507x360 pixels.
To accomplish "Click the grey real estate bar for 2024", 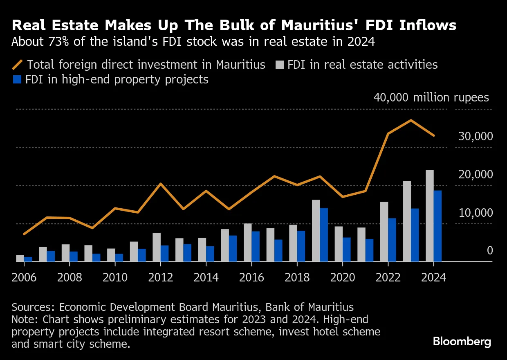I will [429, 216].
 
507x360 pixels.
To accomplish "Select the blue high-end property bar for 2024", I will [437, 226].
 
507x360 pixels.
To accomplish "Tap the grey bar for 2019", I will [316, 231].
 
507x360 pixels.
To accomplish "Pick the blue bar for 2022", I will [392, 240].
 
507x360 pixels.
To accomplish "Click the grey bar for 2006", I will [20, 258].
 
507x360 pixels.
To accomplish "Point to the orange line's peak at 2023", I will [411, 120].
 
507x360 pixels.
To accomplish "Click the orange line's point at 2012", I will [161, 184].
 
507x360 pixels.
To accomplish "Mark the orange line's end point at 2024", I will [434, 135].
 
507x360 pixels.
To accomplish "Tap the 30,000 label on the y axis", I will [475, 137].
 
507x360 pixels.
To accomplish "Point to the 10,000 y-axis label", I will [475, 213].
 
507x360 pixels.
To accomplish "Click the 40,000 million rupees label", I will [431, 98].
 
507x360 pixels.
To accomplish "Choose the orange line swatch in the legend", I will [18, 65].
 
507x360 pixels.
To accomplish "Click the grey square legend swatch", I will [279, 65].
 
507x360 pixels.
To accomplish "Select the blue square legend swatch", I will [16, 79].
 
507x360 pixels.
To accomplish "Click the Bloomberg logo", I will [462, 342].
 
